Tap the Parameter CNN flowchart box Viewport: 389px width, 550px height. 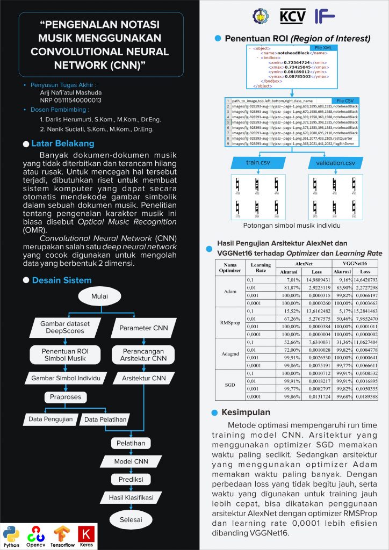click(x=143, y=327)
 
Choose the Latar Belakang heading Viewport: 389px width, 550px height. click(x=63, y=143)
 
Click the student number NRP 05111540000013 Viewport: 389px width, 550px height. click(x=71, y=100)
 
